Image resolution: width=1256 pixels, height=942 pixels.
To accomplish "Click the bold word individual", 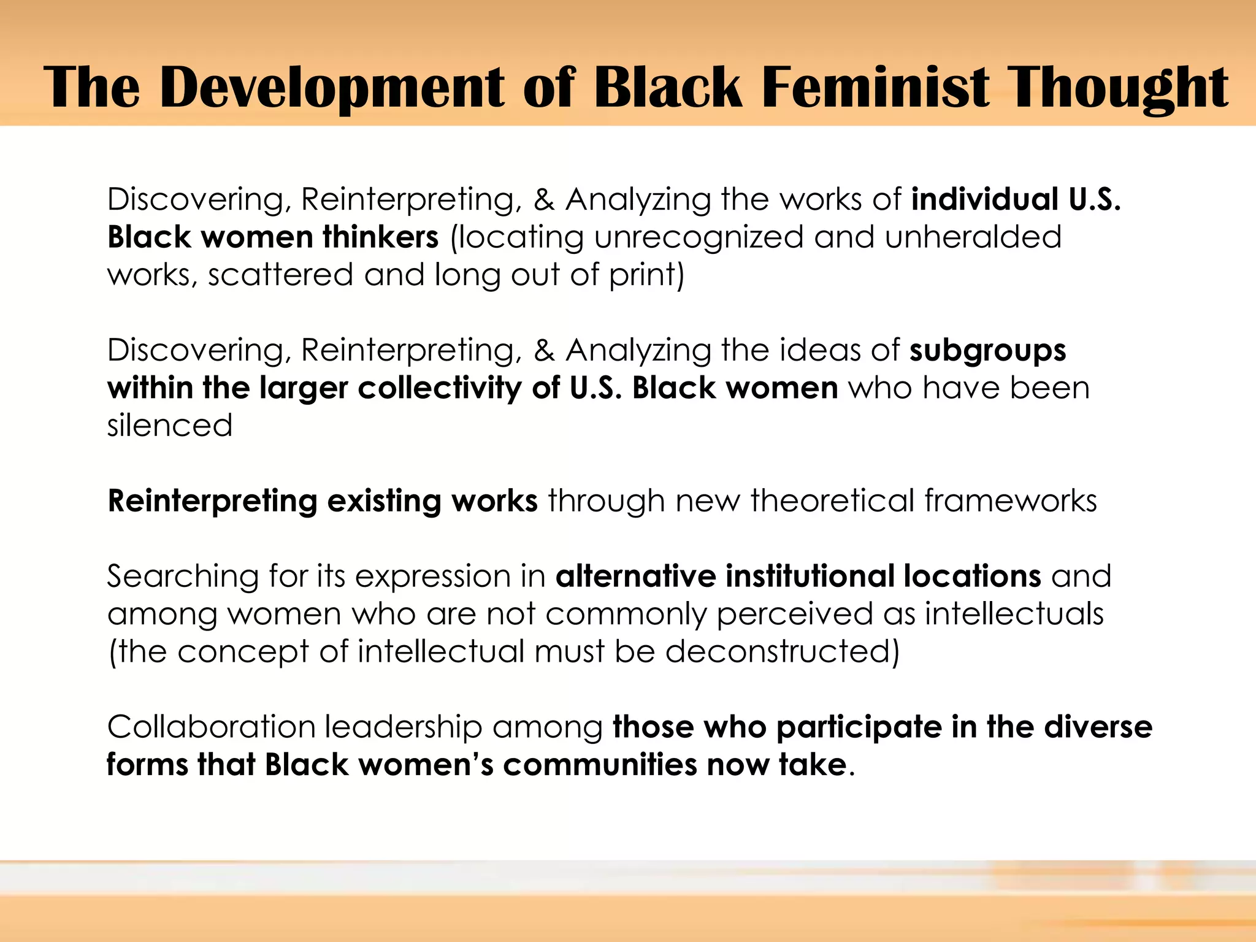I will coord(984,200).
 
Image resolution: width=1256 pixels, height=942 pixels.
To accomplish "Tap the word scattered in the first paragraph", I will coord(280,275).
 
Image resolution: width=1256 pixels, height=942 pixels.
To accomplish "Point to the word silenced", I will coord(170,426).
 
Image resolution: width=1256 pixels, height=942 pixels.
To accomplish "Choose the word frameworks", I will coord(1011,501).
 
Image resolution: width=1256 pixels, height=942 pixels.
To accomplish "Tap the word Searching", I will coord(183,576).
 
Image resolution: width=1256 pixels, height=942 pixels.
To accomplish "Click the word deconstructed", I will coord(782,651).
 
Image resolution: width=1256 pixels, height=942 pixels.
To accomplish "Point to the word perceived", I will coord(794,614).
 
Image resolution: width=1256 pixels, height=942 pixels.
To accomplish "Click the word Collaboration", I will coord(211,727).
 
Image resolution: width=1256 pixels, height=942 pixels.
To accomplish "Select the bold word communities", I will coord(600,765).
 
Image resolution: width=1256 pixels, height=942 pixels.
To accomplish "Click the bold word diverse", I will coord(1098,727).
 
